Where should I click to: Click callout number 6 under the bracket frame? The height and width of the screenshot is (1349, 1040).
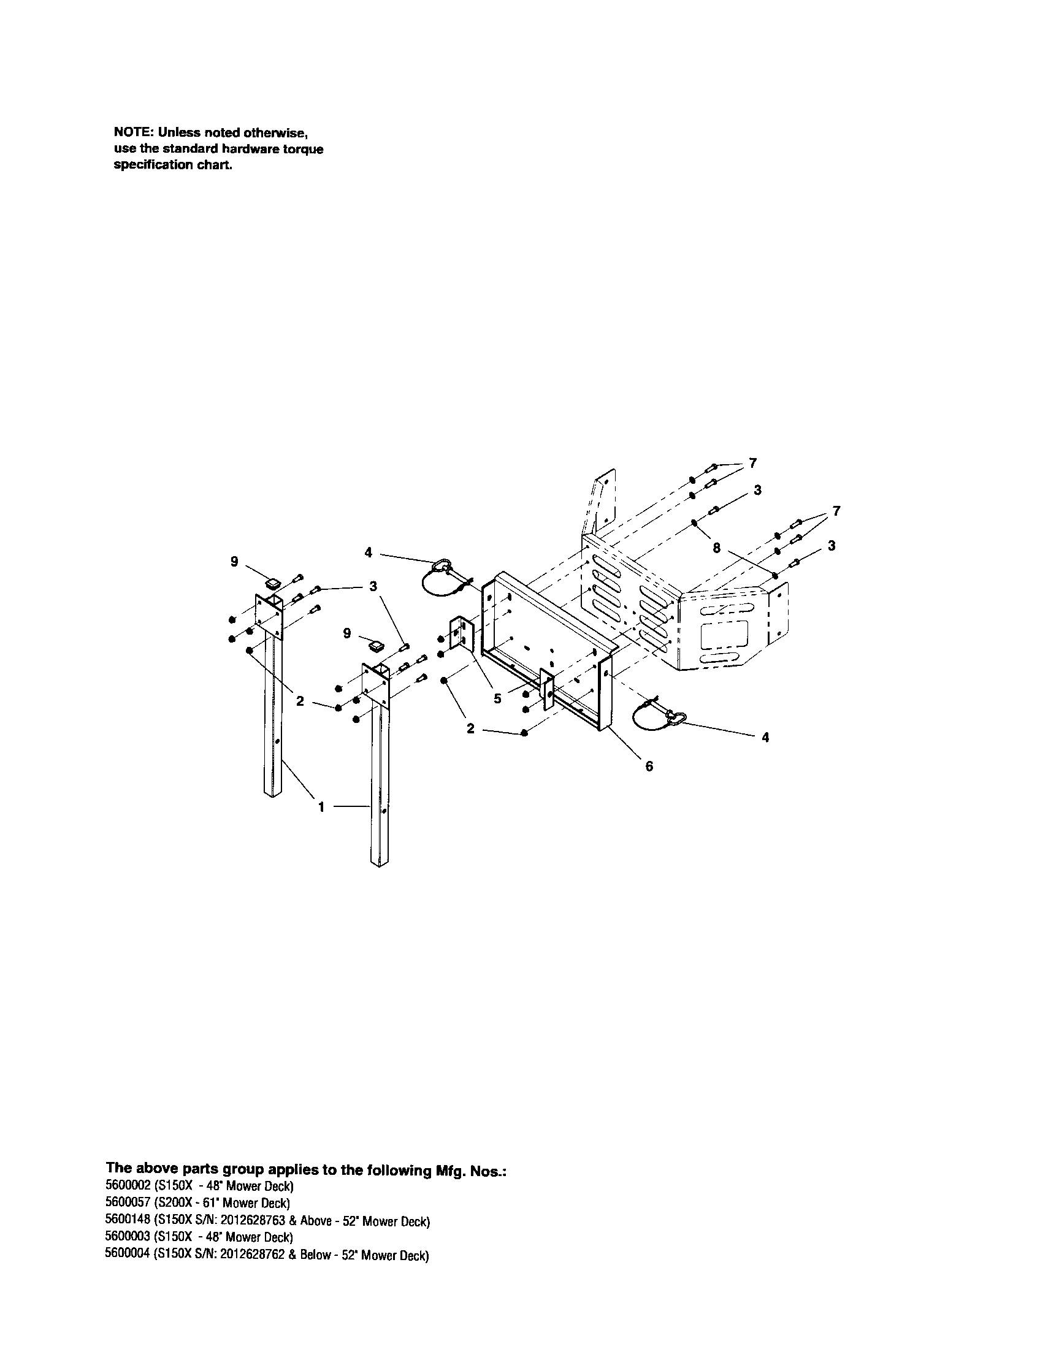[x=648, y=766]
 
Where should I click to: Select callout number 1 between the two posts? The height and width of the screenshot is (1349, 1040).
[x=321, y=807]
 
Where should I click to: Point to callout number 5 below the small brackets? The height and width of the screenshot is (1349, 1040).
[x=497, y=699]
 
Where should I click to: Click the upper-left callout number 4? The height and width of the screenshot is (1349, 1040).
[x=369, y=552]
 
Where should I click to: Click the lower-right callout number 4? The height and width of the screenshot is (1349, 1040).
[x=765, y=737]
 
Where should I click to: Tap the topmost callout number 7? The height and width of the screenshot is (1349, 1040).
[x=752, y=462]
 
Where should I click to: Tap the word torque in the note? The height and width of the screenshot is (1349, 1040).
[x=302, y=150]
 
